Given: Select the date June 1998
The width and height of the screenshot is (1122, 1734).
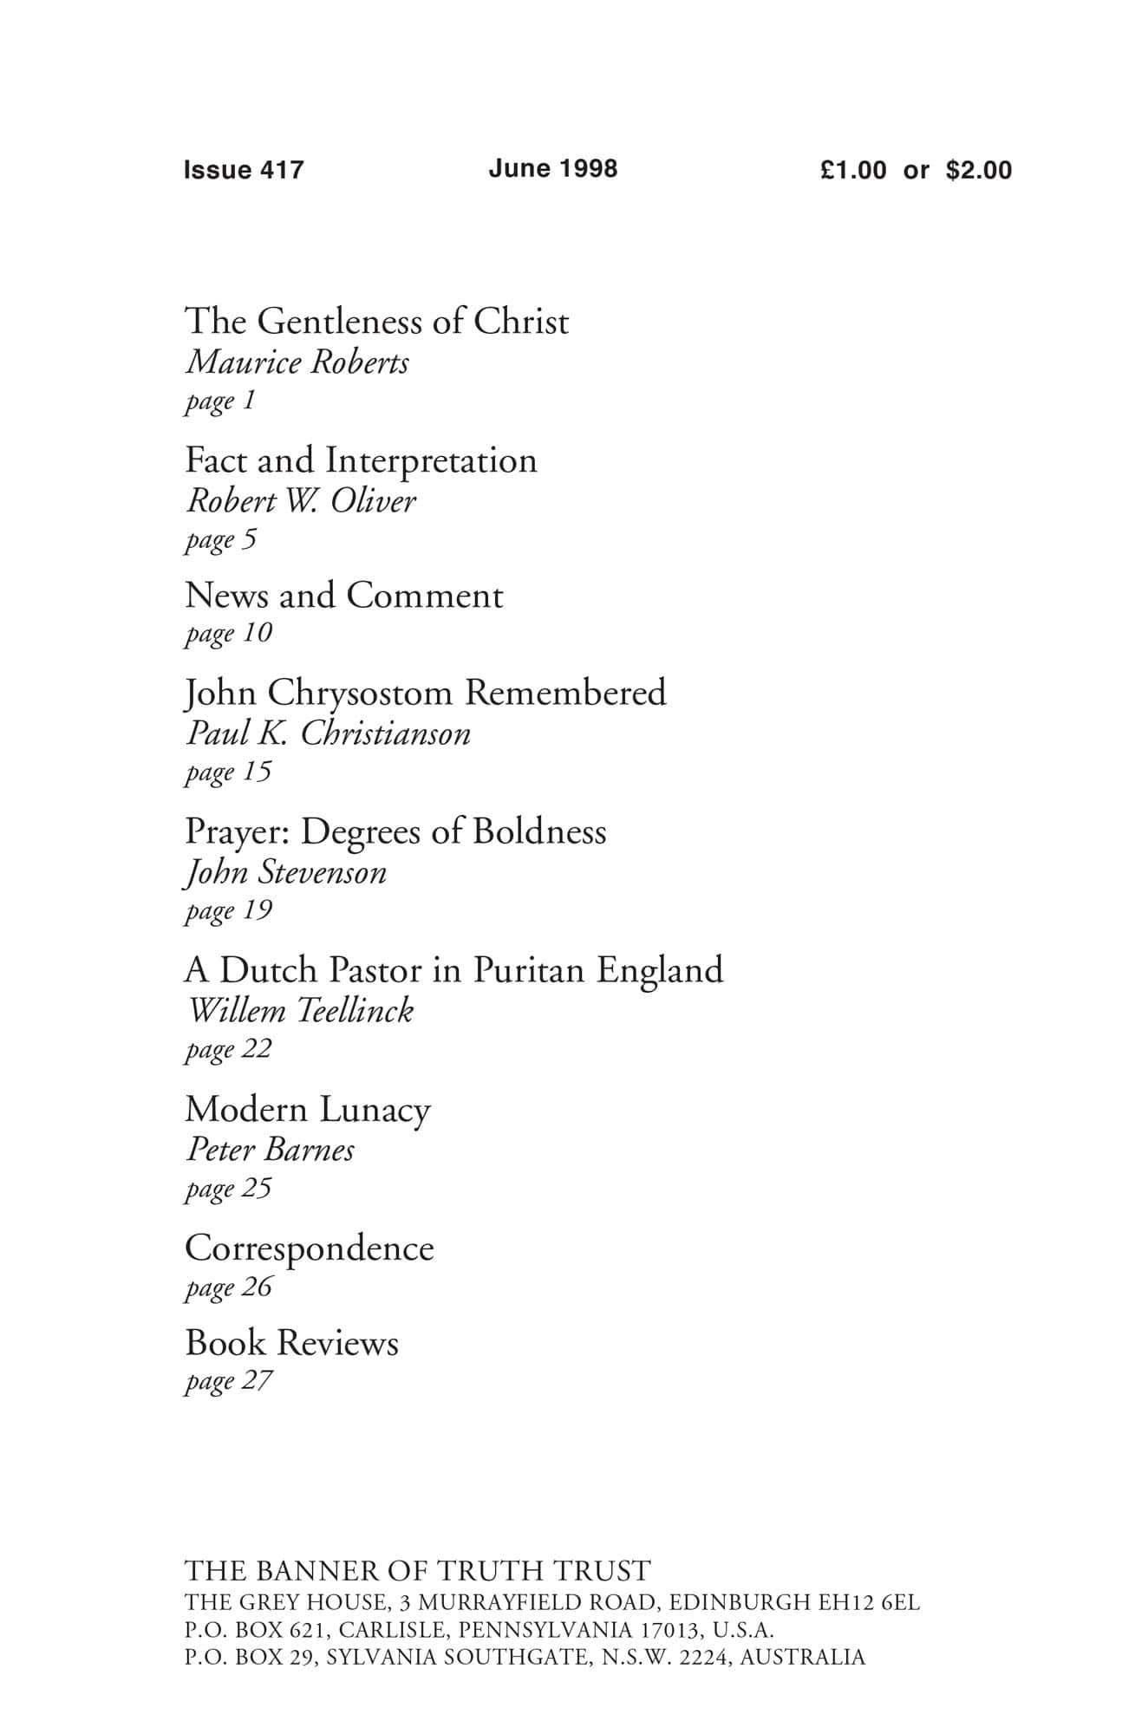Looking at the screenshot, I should point(552,168).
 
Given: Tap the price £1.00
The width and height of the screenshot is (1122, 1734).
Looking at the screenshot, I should point(853,170).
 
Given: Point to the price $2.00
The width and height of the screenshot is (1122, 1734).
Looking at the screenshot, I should point(978,170).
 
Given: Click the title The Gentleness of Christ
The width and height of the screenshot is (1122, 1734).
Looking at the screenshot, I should point(377,322).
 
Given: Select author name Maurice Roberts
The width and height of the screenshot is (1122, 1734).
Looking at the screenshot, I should point(297,362).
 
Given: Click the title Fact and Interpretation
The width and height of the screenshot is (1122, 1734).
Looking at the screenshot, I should point(361,460).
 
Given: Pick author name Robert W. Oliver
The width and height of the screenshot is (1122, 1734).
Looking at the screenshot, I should point(301,501).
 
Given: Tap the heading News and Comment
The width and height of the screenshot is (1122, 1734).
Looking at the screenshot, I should point(343,596).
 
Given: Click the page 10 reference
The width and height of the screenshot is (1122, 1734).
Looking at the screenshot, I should point(229,634).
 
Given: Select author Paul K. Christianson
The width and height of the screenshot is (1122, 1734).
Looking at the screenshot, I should point(329,734).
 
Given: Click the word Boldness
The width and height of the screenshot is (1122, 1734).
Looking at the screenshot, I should point(539,831).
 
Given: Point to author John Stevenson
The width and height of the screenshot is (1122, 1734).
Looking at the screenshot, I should point(286,872).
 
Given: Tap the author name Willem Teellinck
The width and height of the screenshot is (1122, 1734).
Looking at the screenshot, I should point(300,1011).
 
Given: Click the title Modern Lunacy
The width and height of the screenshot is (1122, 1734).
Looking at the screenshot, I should point(307,1110).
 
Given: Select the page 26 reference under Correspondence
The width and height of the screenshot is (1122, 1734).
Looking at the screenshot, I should point(229,1287).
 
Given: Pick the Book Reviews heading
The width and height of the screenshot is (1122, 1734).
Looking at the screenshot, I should point(291,1343).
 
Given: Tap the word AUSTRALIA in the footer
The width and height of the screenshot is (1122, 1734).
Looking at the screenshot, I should point(802,1658).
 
